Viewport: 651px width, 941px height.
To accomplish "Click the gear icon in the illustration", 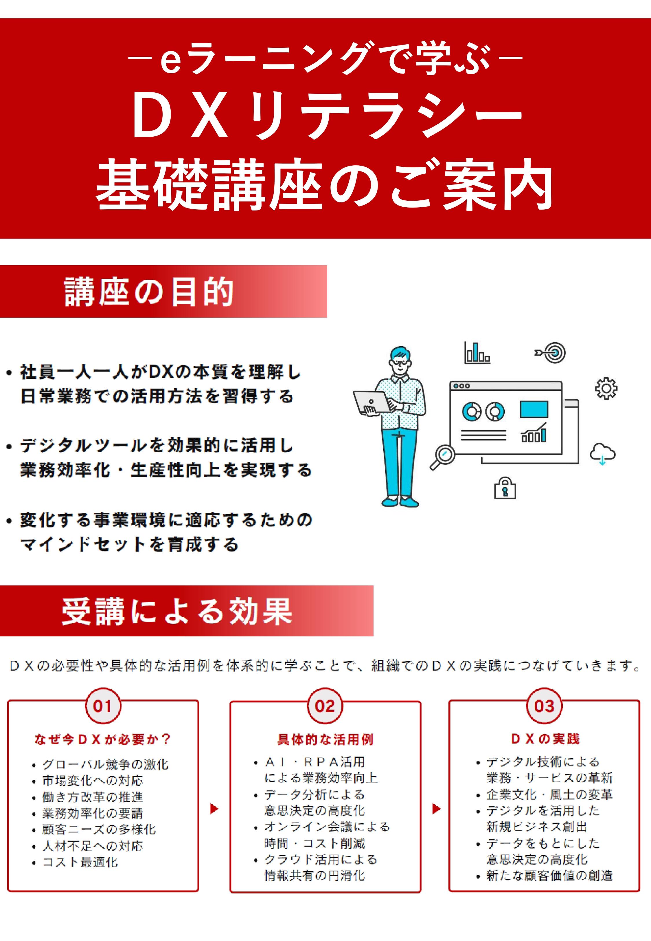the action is click(606, 389).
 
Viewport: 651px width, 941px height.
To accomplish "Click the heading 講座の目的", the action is click(149, 292).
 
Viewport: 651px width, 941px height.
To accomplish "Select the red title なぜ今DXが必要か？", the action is click(103, 739).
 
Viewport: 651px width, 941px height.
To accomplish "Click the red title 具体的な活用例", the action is click(325, 739).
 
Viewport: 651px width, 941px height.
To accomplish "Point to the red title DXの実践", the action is click(545, 739).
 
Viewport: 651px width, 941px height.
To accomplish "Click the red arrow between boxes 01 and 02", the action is click(214, 809).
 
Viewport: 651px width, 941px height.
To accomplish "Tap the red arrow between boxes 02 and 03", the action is click(436, 809).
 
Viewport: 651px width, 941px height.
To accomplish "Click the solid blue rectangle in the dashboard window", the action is click(534, 409).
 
